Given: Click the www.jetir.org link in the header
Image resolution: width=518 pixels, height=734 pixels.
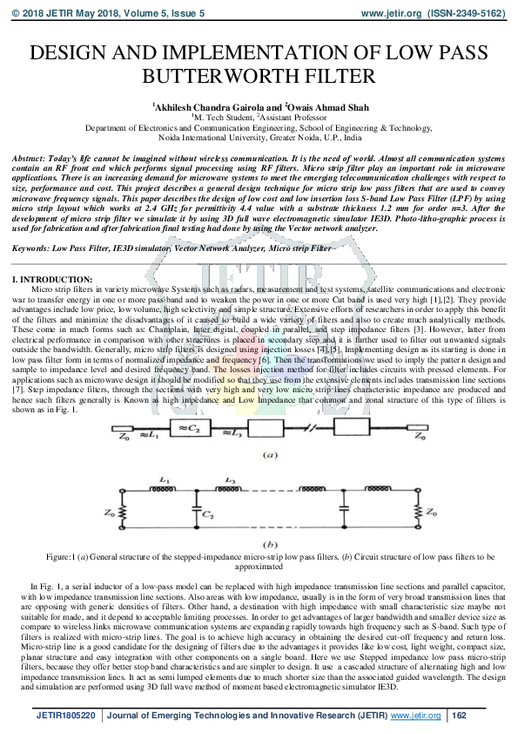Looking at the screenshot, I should point(388,14).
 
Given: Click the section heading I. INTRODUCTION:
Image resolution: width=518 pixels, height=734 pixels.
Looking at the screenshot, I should point(45,278).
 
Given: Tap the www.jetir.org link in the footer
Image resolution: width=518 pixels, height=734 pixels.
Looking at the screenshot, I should point(418,715).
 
